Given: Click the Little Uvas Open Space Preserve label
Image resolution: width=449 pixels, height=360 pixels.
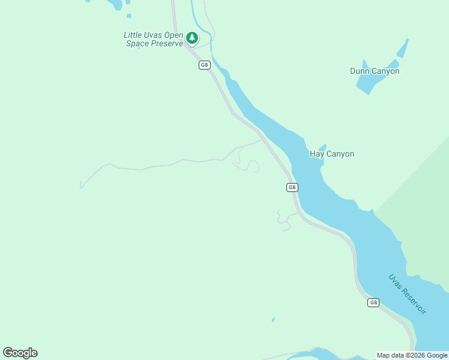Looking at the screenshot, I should click(x=153, y=40).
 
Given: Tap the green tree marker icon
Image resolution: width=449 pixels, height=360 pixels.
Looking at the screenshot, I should click(x=192, y=38).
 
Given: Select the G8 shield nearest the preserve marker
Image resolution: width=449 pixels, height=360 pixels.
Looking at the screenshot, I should click(x=205, y=65).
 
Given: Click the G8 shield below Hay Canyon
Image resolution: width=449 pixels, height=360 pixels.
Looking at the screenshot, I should click(x=292, y=187).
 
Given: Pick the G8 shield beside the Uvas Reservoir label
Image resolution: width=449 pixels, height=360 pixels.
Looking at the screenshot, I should click(x=373, y=302).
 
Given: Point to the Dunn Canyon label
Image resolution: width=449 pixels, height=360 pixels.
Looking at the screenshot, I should click(x=375, y=71).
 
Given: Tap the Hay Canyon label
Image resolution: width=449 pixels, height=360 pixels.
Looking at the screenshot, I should click(x=332, y=154).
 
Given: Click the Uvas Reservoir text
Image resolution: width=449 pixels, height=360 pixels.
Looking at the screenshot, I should click(x=408, y=294).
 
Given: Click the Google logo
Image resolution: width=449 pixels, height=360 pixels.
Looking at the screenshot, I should click(x=20, y=353).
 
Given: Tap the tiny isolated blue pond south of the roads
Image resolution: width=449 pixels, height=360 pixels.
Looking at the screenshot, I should click(x=273, y=319).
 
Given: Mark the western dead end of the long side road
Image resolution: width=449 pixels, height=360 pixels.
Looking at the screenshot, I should click(x=80, y=188).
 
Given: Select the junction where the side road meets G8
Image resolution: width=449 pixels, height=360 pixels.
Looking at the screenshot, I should click(x=262, y=140).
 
